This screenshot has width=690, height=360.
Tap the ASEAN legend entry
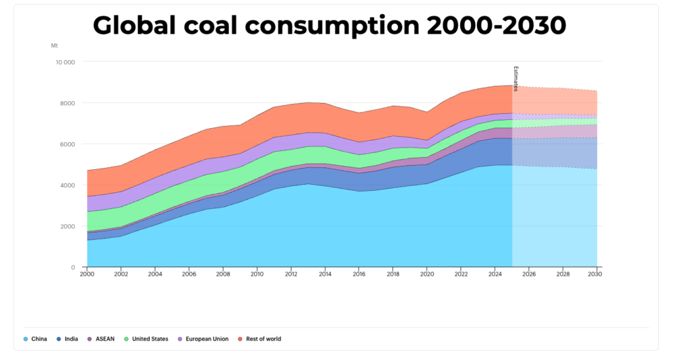102,339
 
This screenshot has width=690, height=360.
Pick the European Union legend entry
203,339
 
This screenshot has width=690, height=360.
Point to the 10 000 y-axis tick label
65,62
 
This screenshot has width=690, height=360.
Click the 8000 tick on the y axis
68,103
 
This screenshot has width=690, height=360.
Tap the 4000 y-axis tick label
68,185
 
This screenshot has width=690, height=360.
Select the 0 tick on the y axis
73,268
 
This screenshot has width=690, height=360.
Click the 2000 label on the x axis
87,274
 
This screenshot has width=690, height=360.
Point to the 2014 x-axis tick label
325,274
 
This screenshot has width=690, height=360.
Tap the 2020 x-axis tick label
427,274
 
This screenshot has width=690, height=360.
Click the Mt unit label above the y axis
55,45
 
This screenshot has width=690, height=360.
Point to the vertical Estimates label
516,79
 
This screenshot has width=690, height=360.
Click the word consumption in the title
334,26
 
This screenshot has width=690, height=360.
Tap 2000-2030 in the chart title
496,26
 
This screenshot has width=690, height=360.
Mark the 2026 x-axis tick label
528,274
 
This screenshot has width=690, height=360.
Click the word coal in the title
206,26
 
